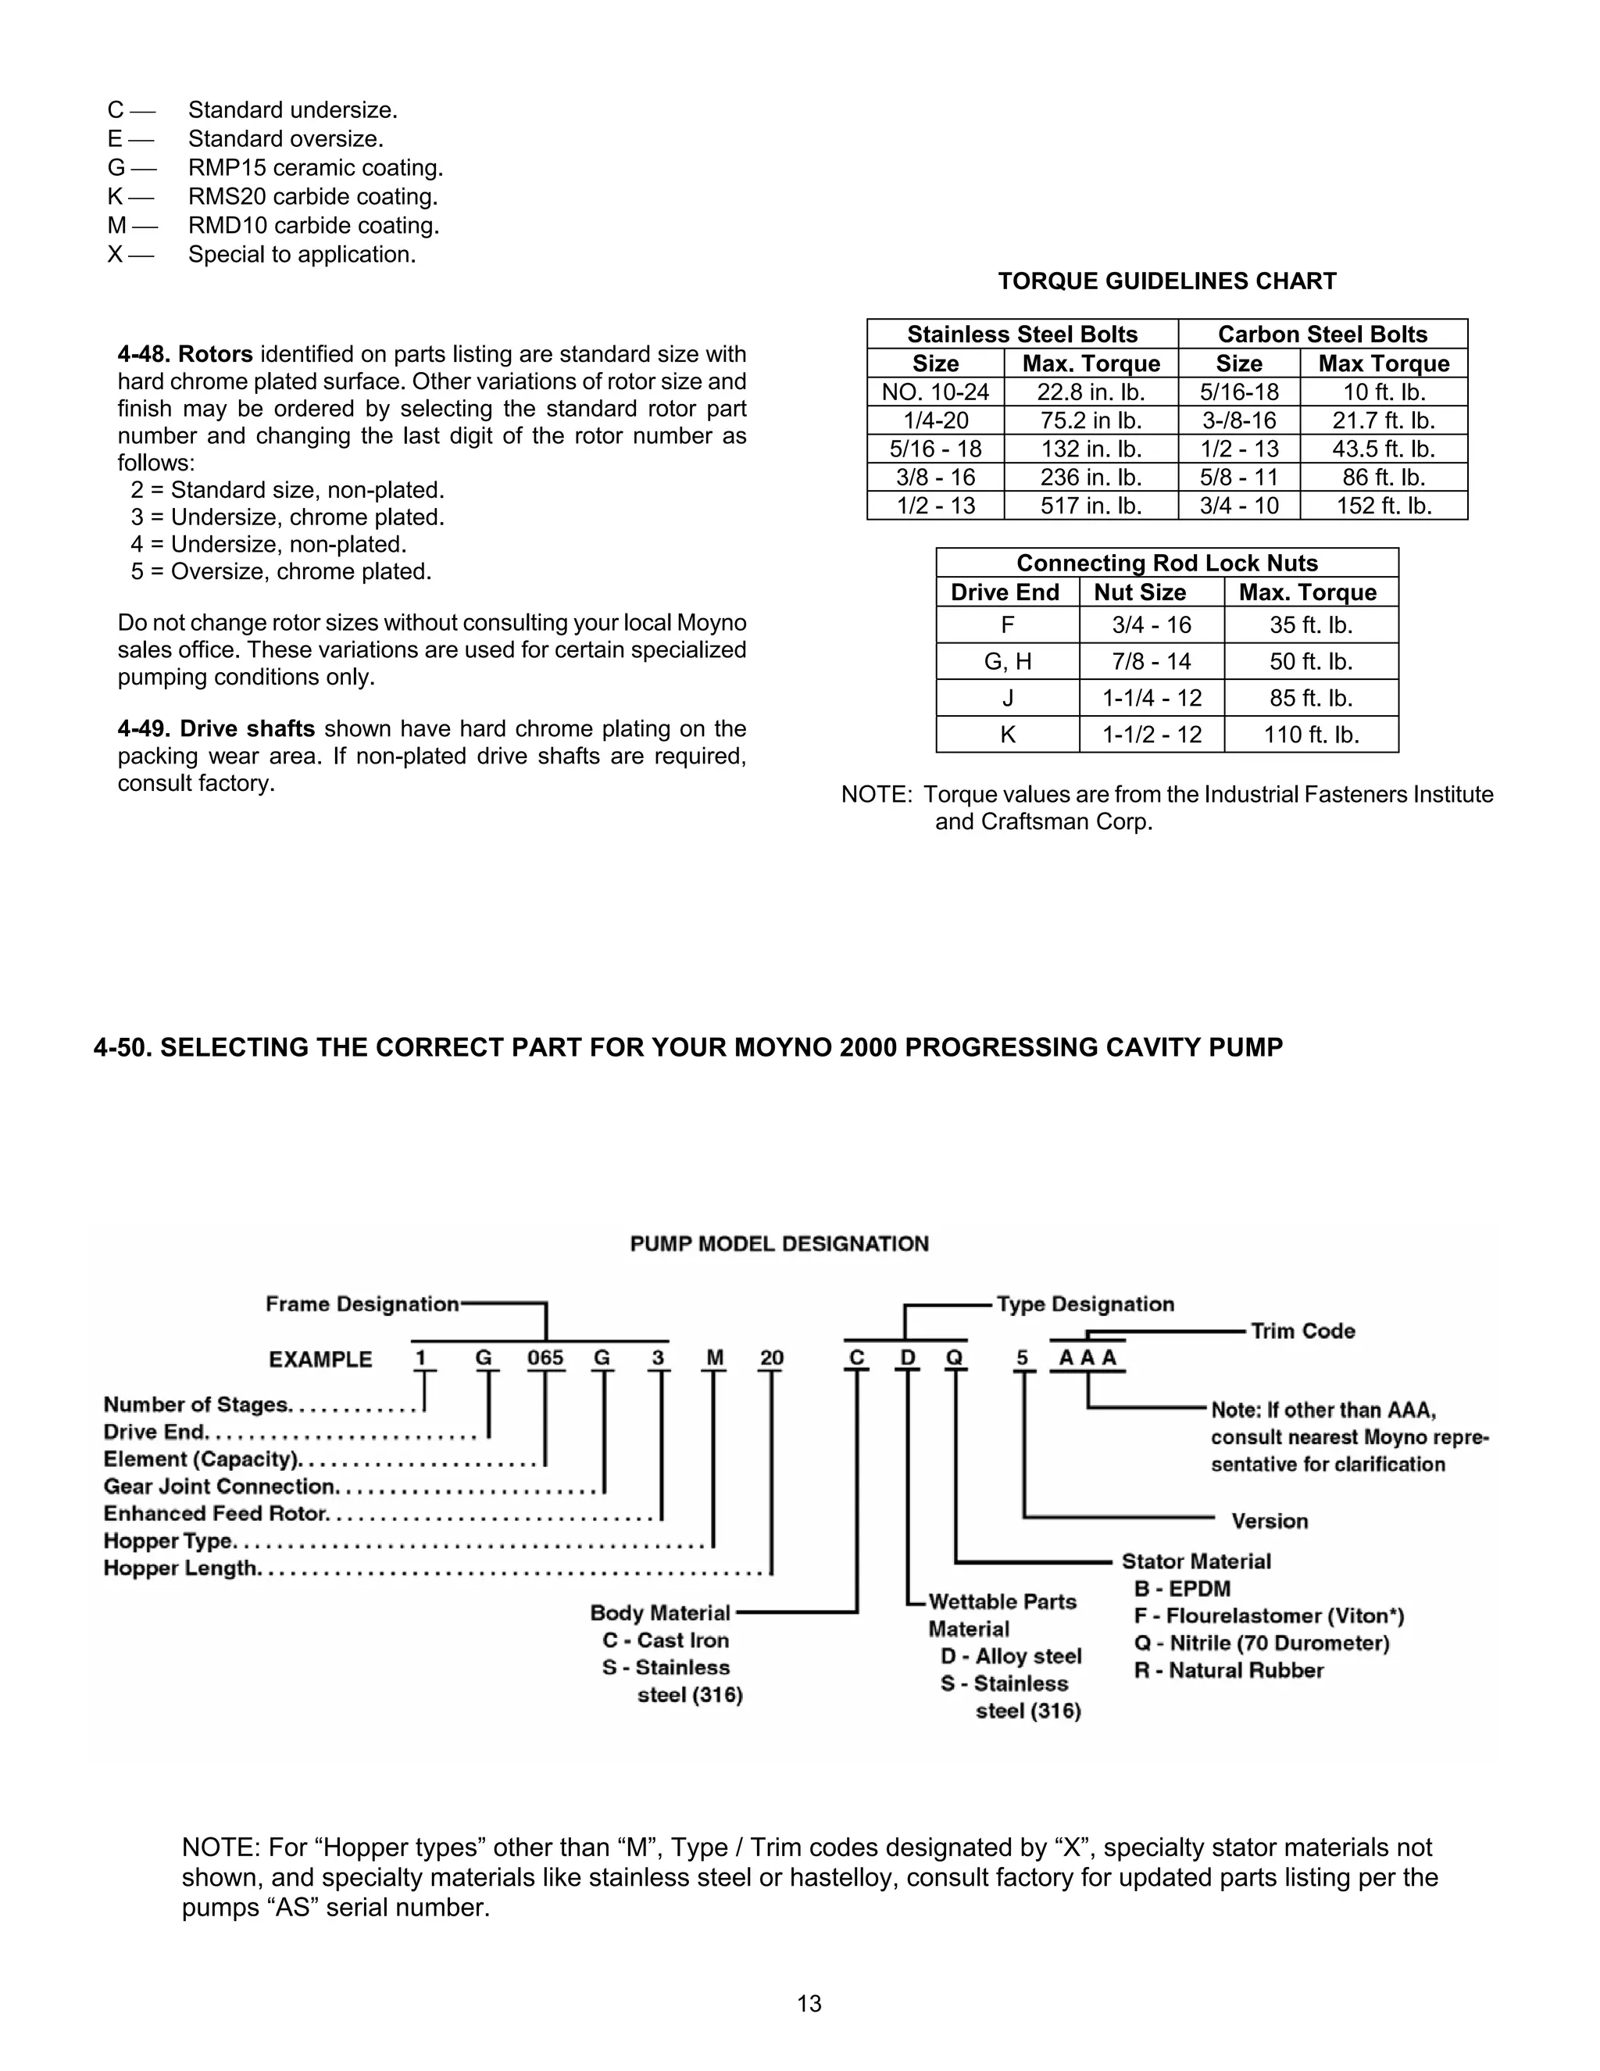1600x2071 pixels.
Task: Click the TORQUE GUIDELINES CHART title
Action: click(1167, 281)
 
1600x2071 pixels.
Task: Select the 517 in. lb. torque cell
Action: click(1091, 506)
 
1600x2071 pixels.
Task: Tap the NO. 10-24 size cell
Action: click(935, 392)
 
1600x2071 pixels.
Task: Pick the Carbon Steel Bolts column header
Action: click(1323, 334)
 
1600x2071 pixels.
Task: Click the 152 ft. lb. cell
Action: click(1384, 506)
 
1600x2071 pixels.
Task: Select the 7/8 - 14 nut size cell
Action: click(1152, 662)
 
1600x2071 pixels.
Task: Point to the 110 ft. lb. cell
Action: click(1311, 735)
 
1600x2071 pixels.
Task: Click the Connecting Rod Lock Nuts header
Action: click(1167, 563)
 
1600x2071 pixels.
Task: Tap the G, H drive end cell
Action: click(1008, 662)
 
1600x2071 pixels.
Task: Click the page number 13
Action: click(809, 2004)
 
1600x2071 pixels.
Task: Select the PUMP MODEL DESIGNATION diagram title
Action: click(779, 1244)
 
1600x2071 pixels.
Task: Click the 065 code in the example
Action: click(545, 1358)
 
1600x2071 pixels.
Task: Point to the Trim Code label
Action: click(1302, 1332)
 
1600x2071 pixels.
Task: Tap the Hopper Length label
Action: click(180, 1568)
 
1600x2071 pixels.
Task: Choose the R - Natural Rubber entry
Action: click(1228, 1671)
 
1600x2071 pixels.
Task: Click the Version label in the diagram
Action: click(1270, 1521)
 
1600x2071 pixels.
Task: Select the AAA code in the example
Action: click(1087, 1358)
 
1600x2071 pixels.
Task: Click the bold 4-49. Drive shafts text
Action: click(216, 729)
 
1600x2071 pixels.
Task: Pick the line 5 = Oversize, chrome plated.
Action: click(281, 572)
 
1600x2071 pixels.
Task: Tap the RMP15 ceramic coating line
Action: click(316, 168)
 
